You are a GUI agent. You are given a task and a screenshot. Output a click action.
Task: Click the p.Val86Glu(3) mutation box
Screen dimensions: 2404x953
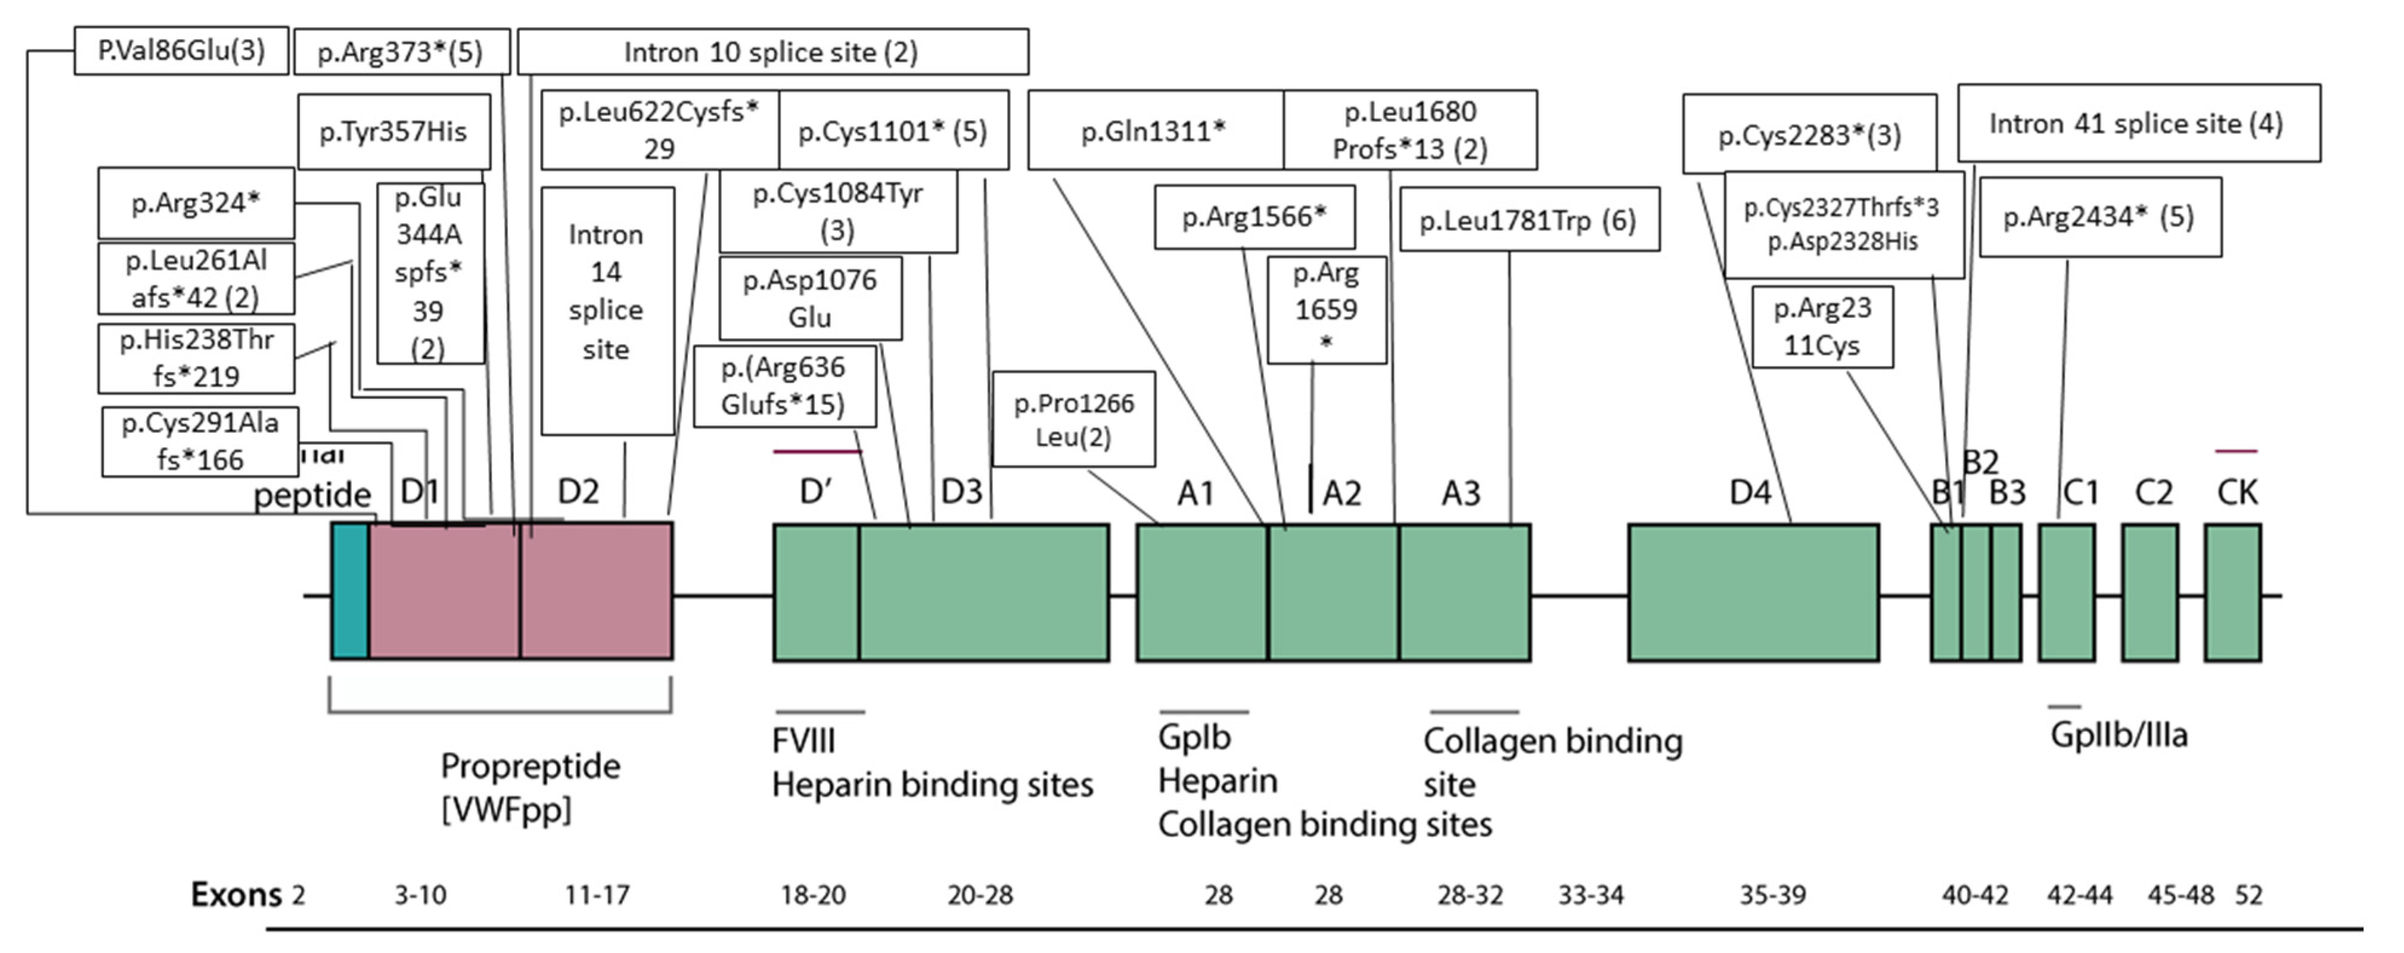click(x=181, y=50)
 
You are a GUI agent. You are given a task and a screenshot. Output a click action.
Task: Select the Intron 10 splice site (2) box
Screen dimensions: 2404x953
click(x=772, y=51)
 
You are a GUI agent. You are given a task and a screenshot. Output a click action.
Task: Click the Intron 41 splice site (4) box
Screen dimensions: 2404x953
click(x=2137, y=123)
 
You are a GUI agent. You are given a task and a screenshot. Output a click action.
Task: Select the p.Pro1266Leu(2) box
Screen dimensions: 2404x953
click(x=1073, y=419)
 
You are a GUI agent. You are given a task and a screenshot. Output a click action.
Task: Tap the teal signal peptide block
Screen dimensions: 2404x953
click(x=350, y=592)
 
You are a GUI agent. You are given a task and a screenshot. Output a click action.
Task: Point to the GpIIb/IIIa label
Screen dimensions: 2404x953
click(x=2119, y=735)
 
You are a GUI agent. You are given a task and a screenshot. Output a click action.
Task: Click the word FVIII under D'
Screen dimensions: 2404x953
click(x=803, y=741)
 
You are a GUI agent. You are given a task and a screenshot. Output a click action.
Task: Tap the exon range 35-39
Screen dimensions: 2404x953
click(x=1772, y=895)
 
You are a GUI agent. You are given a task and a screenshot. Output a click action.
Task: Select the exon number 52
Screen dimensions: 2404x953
click(x=2248, y=895)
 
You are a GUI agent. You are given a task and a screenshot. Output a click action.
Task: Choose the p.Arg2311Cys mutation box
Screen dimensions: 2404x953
click(x=1822, y=327)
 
